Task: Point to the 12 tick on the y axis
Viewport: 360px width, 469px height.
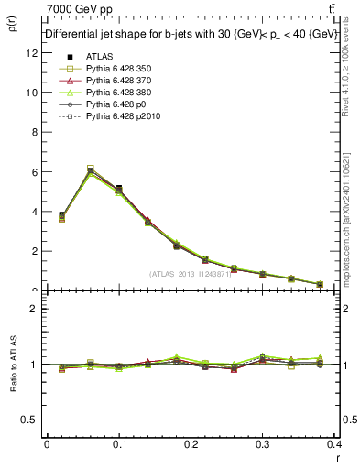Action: tap(32, 53)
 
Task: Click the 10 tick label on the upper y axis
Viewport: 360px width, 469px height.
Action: tap(32, 93)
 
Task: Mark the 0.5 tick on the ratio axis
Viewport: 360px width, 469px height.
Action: tap(30, 420)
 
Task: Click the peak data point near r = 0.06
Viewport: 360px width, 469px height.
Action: tap(90, 170)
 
